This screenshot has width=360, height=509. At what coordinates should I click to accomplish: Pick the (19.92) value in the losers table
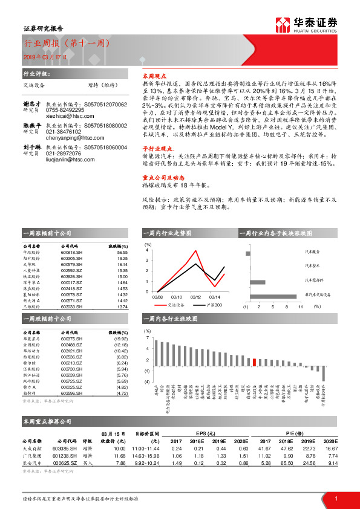[121, 339]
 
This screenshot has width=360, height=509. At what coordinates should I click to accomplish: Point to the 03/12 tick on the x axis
[195, 297]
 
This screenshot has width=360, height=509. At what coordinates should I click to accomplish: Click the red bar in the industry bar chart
[254, 361]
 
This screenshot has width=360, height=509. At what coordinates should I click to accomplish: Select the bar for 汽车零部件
[258, 282]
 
